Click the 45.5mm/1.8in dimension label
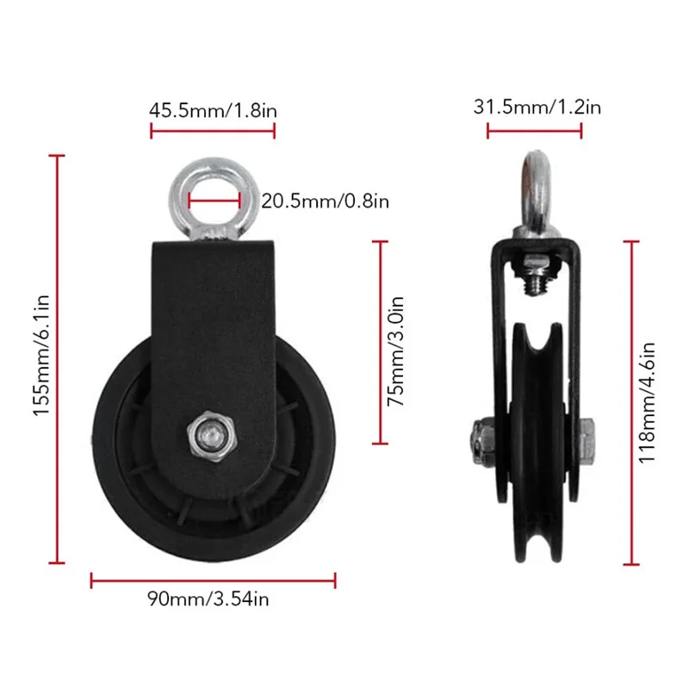213,110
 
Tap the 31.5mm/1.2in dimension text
537,107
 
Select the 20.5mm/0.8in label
326,202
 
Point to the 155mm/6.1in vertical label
41,355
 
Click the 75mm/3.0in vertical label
395,351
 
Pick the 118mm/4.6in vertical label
647,402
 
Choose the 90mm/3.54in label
208,599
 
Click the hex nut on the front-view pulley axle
212,435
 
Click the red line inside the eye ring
214,202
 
